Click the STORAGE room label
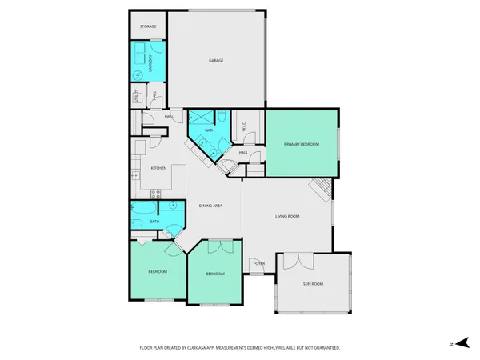coord(147,26)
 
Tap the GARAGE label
coord(216,61)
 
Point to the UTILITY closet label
coord(136,97)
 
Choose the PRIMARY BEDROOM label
coord(301,144)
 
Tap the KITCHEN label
coord(158,168)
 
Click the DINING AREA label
coord(210,206)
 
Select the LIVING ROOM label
coord(287,216)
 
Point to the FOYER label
coord(259,263)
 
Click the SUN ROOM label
coord(313,284)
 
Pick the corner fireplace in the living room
coord(320,189)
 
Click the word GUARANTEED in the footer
coord(326,348)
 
